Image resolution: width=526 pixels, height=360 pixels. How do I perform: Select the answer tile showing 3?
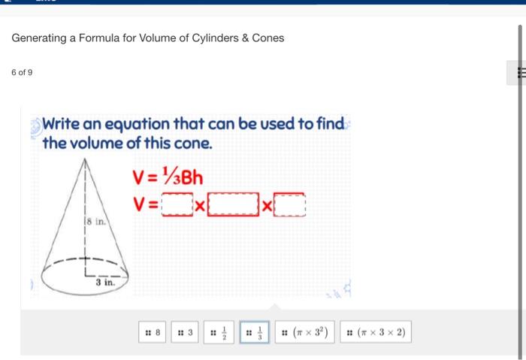point(186,331)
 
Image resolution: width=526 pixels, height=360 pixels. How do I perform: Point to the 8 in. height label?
point(95,222)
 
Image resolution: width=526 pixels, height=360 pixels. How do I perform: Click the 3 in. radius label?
point(104,283)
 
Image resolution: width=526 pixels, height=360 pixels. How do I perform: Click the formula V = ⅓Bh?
point(167,178)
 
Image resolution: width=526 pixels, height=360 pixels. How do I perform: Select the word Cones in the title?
point(268,38)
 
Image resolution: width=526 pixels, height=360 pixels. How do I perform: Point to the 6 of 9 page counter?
point(22,72)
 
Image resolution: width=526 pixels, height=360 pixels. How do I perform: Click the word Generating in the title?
point(39,38)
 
